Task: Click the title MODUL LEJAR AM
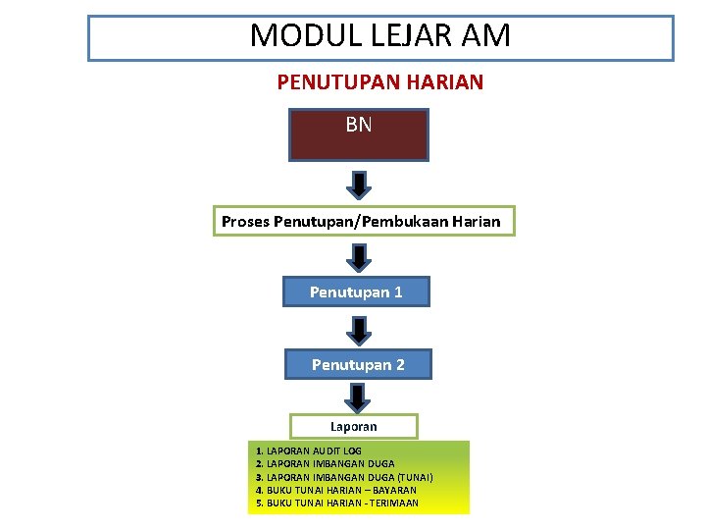380,36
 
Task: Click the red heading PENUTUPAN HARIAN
380,82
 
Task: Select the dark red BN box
358,134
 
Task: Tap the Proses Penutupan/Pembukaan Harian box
361,222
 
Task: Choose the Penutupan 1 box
356,291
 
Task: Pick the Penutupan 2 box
358,364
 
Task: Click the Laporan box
353,427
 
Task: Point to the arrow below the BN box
360,184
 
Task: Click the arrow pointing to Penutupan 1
360,257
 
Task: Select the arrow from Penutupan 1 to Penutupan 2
360,330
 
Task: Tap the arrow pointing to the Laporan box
358,397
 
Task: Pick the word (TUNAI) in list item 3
416,477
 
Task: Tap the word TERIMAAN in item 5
393,503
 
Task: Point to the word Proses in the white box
245,222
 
